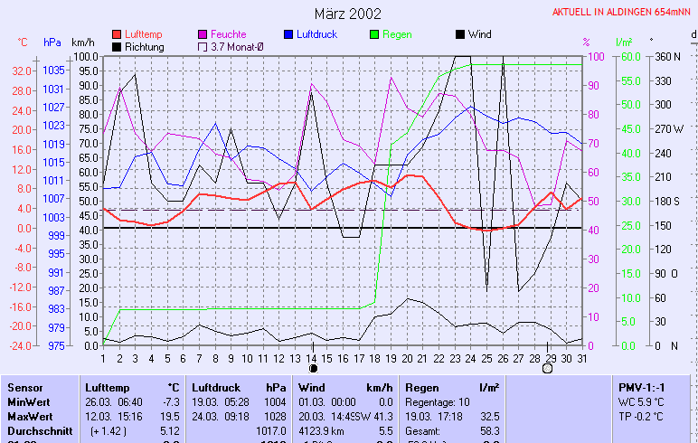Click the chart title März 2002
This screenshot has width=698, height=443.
348,14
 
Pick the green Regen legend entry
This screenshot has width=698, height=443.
396,34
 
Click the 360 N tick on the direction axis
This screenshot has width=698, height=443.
667,56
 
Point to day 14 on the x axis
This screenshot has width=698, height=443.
313,358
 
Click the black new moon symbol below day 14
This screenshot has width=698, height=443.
313,368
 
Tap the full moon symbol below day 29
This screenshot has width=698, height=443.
547,368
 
